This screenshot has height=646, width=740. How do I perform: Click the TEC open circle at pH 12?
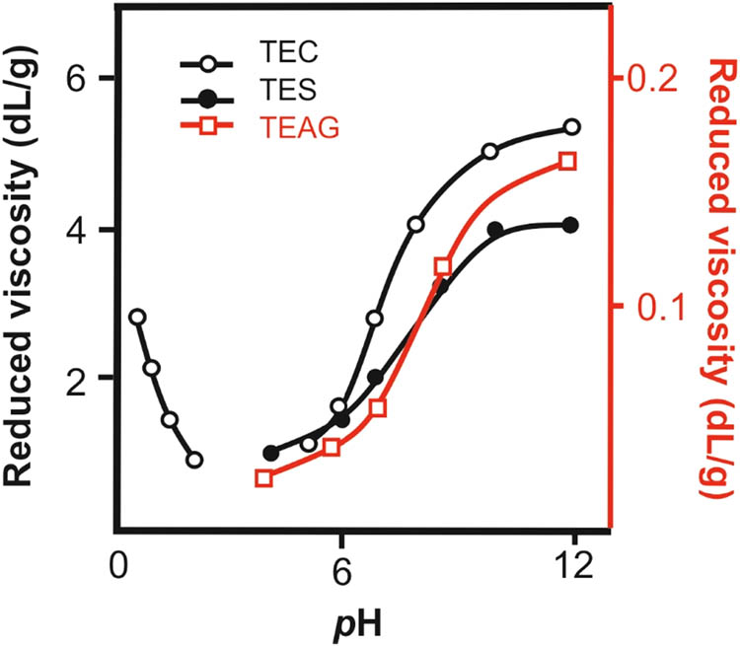(x=572, y=127)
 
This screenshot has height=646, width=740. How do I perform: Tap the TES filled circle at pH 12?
(x=571, y=225)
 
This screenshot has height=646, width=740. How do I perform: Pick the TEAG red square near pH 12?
(x=567, y=161)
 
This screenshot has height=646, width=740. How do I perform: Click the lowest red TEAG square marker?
(x=263, y=478)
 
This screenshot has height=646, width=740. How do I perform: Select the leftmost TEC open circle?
(x=137, y=317)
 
